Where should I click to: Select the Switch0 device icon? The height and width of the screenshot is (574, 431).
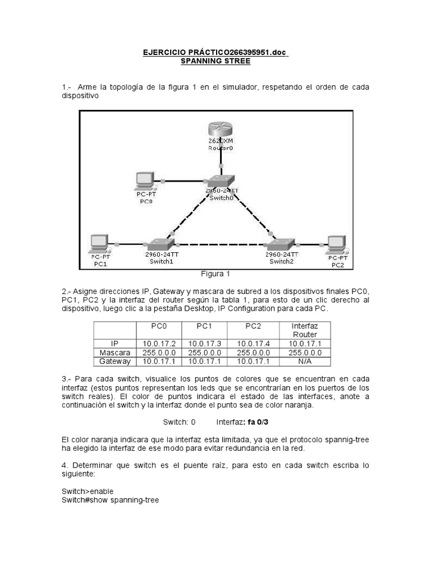[x=221, y=180]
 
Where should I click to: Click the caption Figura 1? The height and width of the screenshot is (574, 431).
[x=215, y=274]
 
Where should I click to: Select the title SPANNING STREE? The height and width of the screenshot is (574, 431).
[x=215, y=61]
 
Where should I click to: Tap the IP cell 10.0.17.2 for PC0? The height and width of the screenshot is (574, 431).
[x=159, y=344]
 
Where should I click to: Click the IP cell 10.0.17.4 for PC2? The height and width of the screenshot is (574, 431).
[x=253, y=344]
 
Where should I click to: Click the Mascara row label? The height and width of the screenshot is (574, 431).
[x=115, y=353]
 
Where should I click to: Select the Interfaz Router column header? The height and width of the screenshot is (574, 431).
[x=305, y=330]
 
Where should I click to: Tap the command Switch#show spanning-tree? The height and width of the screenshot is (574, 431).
[x=111, y=499]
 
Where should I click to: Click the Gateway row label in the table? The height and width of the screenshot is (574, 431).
[x=115, y=362]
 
